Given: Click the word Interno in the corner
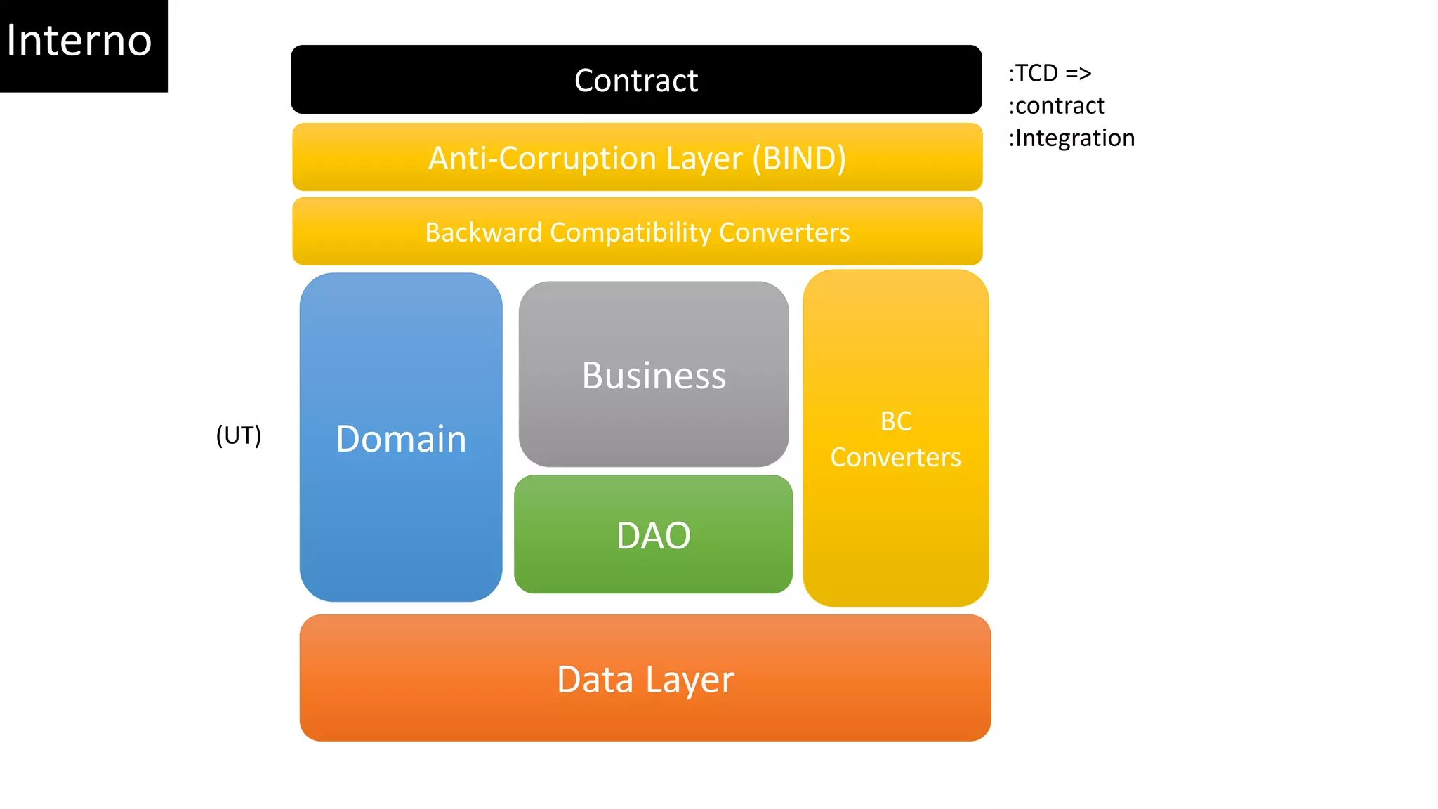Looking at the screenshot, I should point(79,41).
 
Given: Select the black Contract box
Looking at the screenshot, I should point(636,80).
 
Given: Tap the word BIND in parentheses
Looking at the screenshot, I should point(799,159).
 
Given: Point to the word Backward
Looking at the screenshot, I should point(483,232).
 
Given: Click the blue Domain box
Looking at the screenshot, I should point(401,438).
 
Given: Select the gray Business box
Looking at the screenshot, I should point(654,375).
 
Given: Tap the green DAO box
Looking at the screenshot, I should point(654,535).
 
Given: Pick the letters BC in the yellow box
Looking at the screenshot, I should point(896,421).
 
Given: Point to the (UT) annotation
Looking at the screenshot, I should point(239,435).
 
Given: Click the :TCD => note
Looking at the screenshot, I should point(1050,73).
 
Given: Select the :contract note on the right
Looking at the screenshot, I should point(1057,105).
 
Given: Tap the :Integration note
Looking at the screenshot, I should point(1071,138).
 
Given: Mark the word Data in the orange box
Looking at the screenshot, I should point(595,679).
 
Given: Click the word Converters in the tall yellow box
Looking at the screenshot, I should point(896,458).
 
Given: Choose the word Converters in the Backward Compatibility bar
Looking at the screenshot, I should point(784,232).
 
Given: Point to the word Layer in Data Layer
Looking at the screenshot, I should point(690,679).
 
